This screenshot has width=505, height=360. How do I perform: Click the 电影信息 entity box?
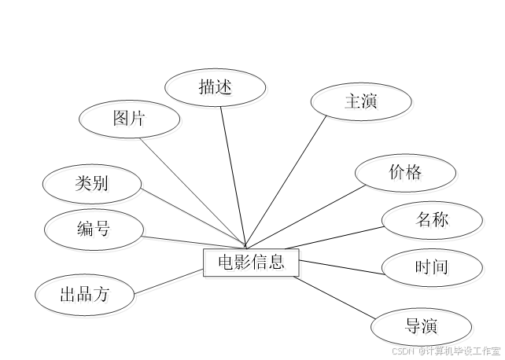click(252, 264)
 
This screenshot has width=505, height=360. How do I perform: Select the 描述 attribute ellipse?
click(217, 89)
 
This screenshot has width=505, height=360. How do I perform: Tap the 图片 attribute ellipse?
click(131, 120)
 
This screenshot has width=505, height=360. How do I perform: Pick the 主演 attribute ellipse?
click(362, 103)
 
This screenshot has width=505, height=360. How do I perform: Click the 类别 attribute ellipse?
click(93, 186)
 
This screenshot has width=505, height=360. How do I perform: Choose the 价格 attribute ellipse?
click(407, 174)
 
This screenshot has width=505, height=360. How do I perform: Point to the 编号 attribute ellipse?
click(95, 230)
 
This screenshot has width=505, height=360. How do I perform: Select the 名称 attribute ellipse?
click(433, 222)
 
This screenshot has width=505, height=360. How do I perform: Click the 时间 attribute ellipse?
click(433, 270)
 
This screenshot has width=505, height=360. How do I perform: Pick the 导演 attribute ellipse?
click(422, 328)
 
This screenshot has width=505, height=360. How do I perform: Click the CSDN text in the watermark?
click(402, 351)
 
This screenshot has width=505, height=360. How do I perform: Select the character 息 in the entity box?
click(278, 264)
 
